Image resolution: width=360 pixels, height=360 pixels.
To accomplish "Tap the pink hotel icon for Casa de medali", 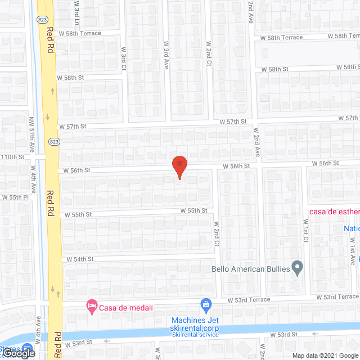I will (91, 307).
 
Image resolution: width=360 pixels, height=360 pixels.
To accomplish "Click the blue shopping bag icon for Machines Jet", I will (206, 306).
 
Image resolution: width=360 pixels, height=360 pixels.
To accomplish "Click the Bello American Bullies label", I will (250, 269).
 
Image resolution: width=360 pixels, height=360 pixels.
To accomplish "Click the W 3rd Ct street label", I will (123, 58).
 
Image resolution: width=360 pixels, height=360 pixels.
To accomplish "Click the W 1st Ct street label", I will (305, 231).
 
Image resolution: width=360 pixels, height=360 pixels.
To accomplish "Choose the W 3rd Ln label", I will (77, 12).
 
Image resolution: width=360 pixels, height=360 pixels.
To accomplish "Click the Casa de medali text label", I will (127, 307).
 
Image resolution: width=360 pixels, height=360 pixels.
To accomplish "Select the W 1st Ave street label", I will (352, 251).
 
